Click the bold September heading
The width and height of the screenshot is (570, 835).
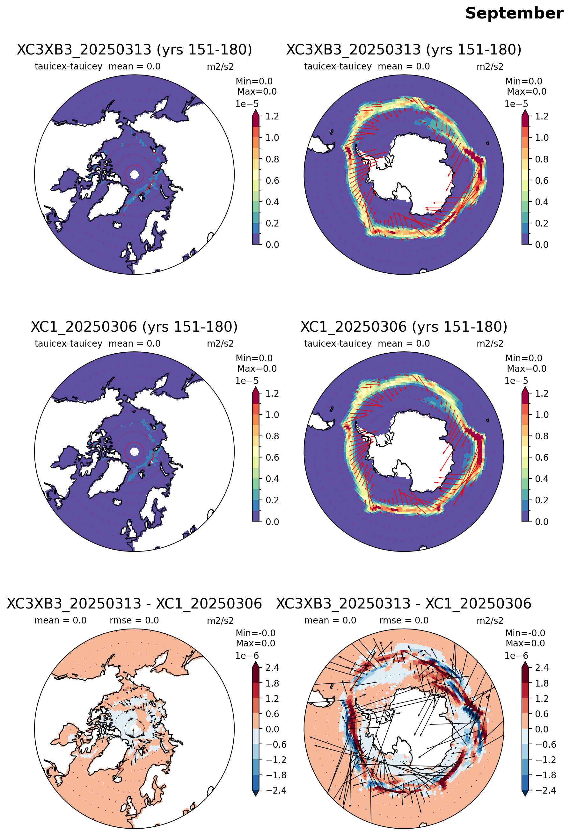[514, 14]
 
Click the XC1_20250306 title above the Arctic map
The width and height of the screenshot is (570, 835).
[134, 327]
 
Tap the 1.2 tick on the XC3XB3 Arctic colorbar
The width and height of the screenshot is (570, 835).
[272, 116]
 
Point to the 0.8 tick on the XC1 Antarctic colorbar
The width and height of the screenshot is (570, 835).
[542, 436]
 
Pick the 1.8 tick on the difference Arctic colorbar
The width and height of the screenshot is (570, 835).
[272, 683]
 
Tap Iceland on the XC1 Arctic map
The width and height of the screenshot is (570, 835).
[117, 501]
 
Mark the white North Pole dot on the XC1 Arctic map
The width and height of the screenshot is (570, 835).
[134, 451]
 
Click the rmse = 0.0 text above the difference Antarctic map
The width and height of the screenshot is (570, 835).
[404, 621]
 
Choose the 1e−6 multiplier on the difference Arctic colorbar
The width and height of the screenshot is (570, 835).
[247, 656]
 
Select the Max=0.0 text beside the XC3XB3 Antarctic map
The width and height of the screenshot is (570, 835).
[527, 92]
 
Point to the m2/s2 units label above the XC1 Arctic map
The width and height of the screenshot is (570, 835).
[220, 344]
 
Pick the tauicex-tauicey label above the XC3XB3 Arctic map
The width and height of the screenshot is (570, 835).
[68, 67]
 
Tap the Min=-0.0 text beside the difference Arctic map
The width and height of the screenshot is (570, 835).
[256, 633]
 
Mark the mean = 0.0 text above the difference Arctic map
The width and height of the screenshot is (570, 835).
[61, 621]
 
